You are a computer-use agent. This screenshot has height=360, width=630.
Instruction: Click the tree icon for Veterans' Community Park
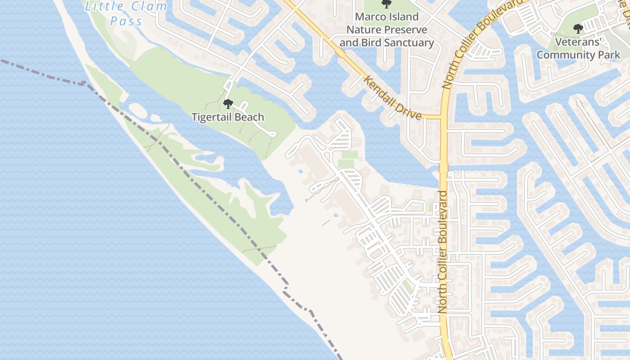click(x=578, y=29)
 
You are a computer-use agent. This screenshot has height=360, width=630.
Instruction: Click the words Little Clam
click(x=126, y=7)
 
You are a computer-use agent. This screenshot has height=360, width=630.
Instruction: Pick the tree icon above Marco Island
click(x=386, y=4)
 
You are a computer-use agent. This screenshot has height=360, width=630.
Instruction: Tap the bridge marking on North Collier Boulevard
click(x=444, y=167)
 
